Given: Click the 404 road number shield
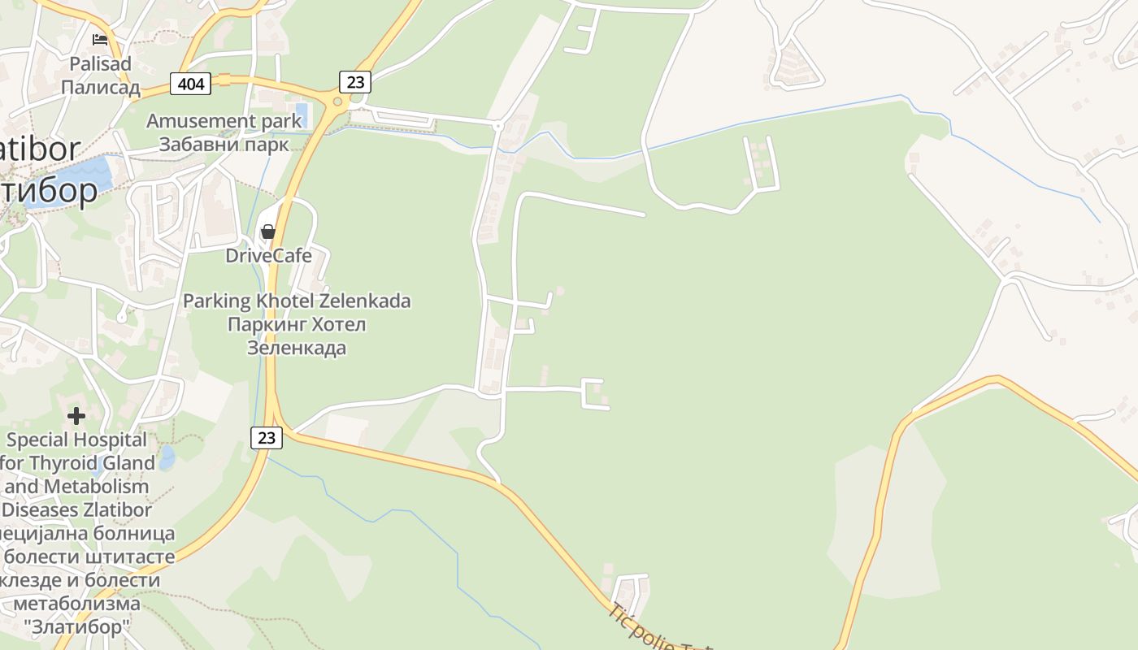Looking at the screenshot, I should [x=191, y=83].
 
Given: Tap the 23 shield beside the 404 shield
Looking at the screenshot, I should [x=354, y=81].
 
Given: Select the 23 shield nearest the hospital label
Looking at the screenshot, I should [x=266, y=438].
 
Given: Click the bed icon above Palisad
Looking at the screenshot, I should [x=100, y=39].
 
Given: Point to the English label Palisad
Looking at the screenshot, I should [x=101, y=63].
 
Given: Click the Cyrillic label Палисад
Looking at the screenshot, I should [x=101, y=87].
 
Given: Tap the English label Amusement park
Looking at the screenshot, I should [x=224, y=121].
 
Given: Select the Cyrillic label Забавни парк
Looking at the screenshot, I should [x=224, y=145].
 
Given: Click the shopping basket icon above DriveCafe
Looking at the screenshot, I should [x=267, y=232].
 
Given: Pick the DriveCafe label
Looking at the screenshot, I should [x=268, y=256].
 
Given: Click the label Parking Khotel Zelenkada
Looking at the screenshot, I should [x=297, y=301].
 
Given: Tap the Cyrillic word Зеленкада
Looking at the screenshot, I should [x=297, y=348].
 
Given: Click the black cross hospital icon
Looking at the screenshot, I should [x=76, y=416].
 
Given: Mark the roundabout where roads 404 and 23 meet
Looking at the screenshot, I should [x=337, y=101].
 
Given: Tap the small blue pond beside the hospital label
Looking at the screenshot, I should [x=166, y=457].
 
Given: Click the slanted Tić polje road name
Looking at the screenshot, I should [x=642, y=630].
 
